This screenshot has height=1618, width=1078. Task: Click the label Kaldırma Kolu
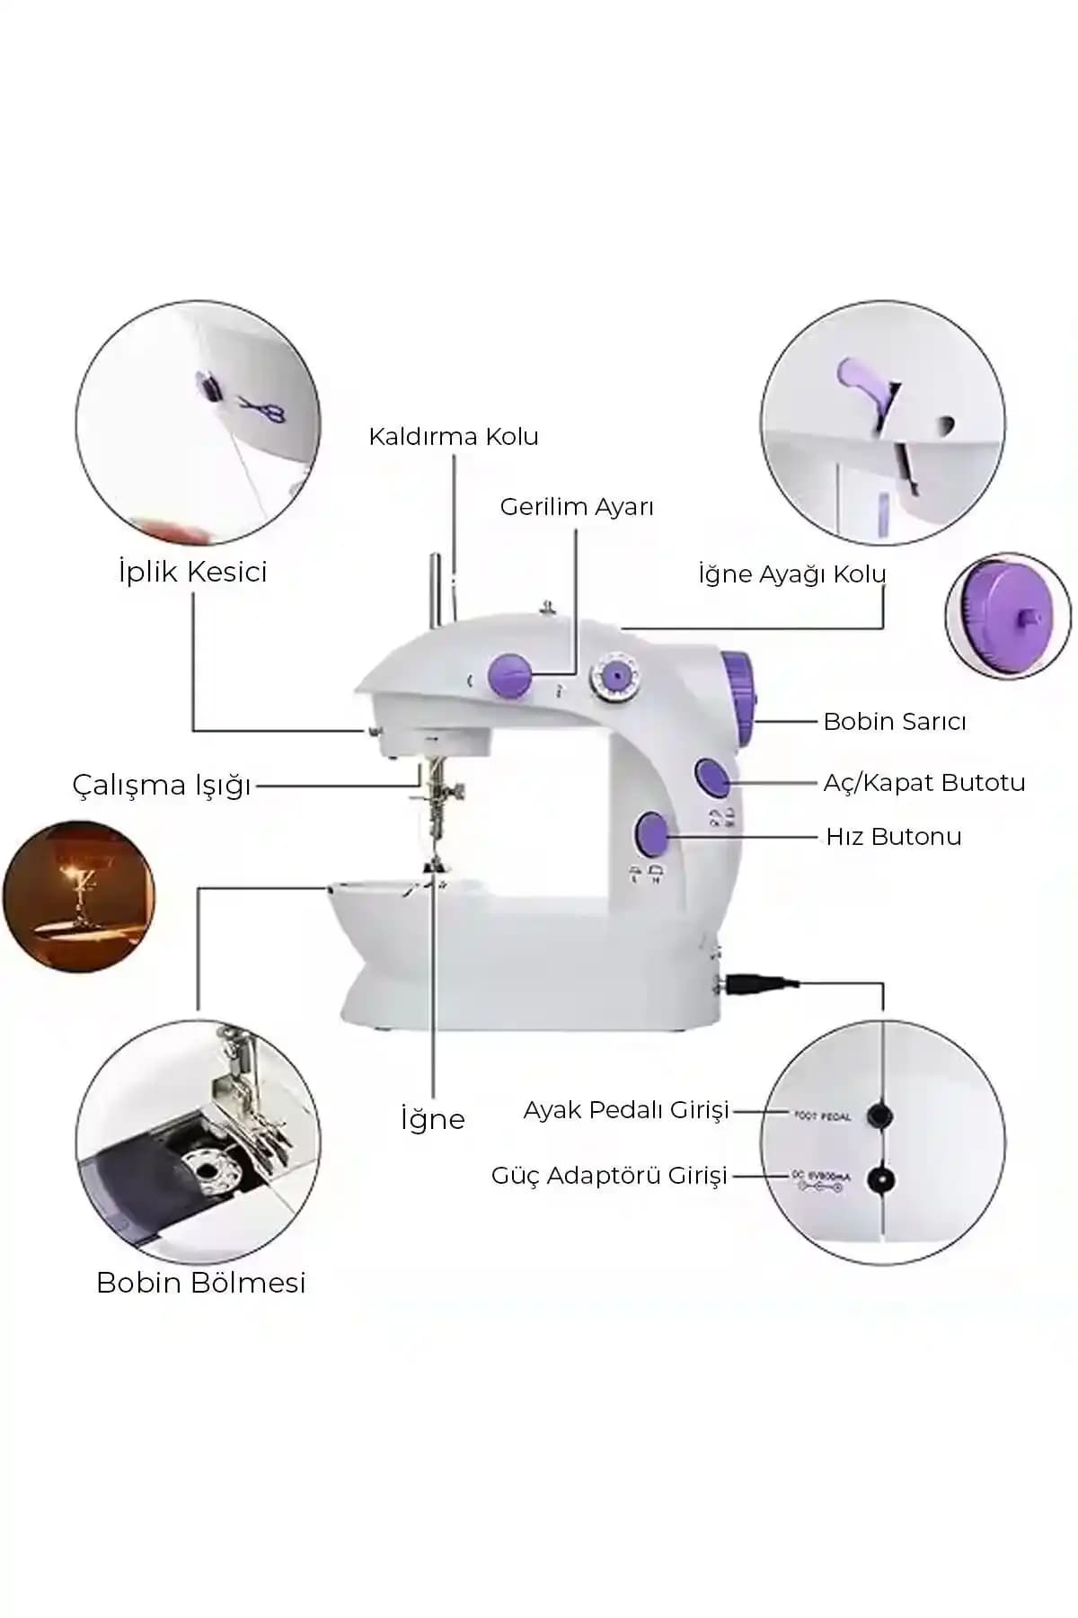(x=453, y=437)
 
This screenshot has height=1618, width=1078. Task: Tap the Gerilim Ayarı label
(x=577, y=507)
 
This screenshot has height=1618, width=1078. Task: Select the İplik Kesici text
(x=193, y=572)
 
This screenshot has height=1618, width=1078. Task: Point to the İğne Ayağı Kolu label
(x=791, y=574)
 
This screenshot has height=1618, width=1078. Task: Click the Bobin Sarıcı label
(x=895, y=722)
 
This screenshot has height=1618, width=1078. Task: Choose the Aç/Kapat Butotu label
(x=924, y=783)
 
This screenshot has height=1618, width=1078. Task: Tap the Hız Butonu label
(x=894, y=837)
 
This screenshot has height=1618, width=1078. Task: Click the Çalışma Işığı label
(x=162, y=786)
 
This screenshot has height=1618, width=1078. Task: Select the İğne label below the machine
(x=433, y=1120)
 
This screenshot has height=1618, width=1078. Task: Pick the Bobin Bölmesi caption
(x=201, y=1283)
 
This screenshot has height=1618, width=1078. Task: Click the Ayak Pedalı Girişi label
(x=626, y=1111)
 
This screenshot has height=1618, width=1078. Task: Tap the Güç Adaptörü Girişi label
(x=609, y=1176)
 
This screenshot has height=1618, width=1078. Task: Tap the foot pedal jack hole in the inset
(x=879, y=1116)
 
